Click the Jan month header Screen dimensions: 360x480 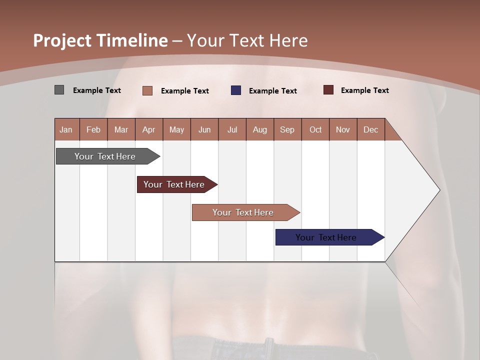(x=66, y=129)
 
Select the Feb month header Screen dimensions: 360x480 (x=93, y=129)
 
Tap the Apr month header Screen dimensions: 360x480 (x=148, y=129)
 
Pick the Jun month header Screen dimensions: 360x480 (x=204, y=129)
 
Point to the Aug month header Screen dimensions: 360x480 (x=259, y=129)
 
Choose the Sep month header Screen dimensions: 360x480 (x=287, y=129)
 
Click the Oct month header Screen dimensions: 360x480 (x=315, y=129)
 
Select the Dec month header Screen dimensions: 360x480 (x=370, y=129)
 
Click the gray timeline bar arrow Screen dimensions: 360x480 (x=105, y=156)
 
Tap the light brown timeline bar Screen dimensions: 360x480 (x=243, y=212)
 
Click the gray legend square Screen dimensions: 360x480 (x=59, y=90)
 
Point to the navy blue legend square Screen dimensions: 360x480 (x=236, y=90)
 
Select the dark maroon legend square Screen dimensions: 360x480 (x=328, y=90)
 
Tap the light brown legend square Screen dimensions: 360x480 (x=147, y=90)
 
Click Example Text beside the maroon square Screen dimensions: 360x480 (x=364, y=90)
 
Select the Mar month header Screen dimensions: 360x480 (x=121, y=129)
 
